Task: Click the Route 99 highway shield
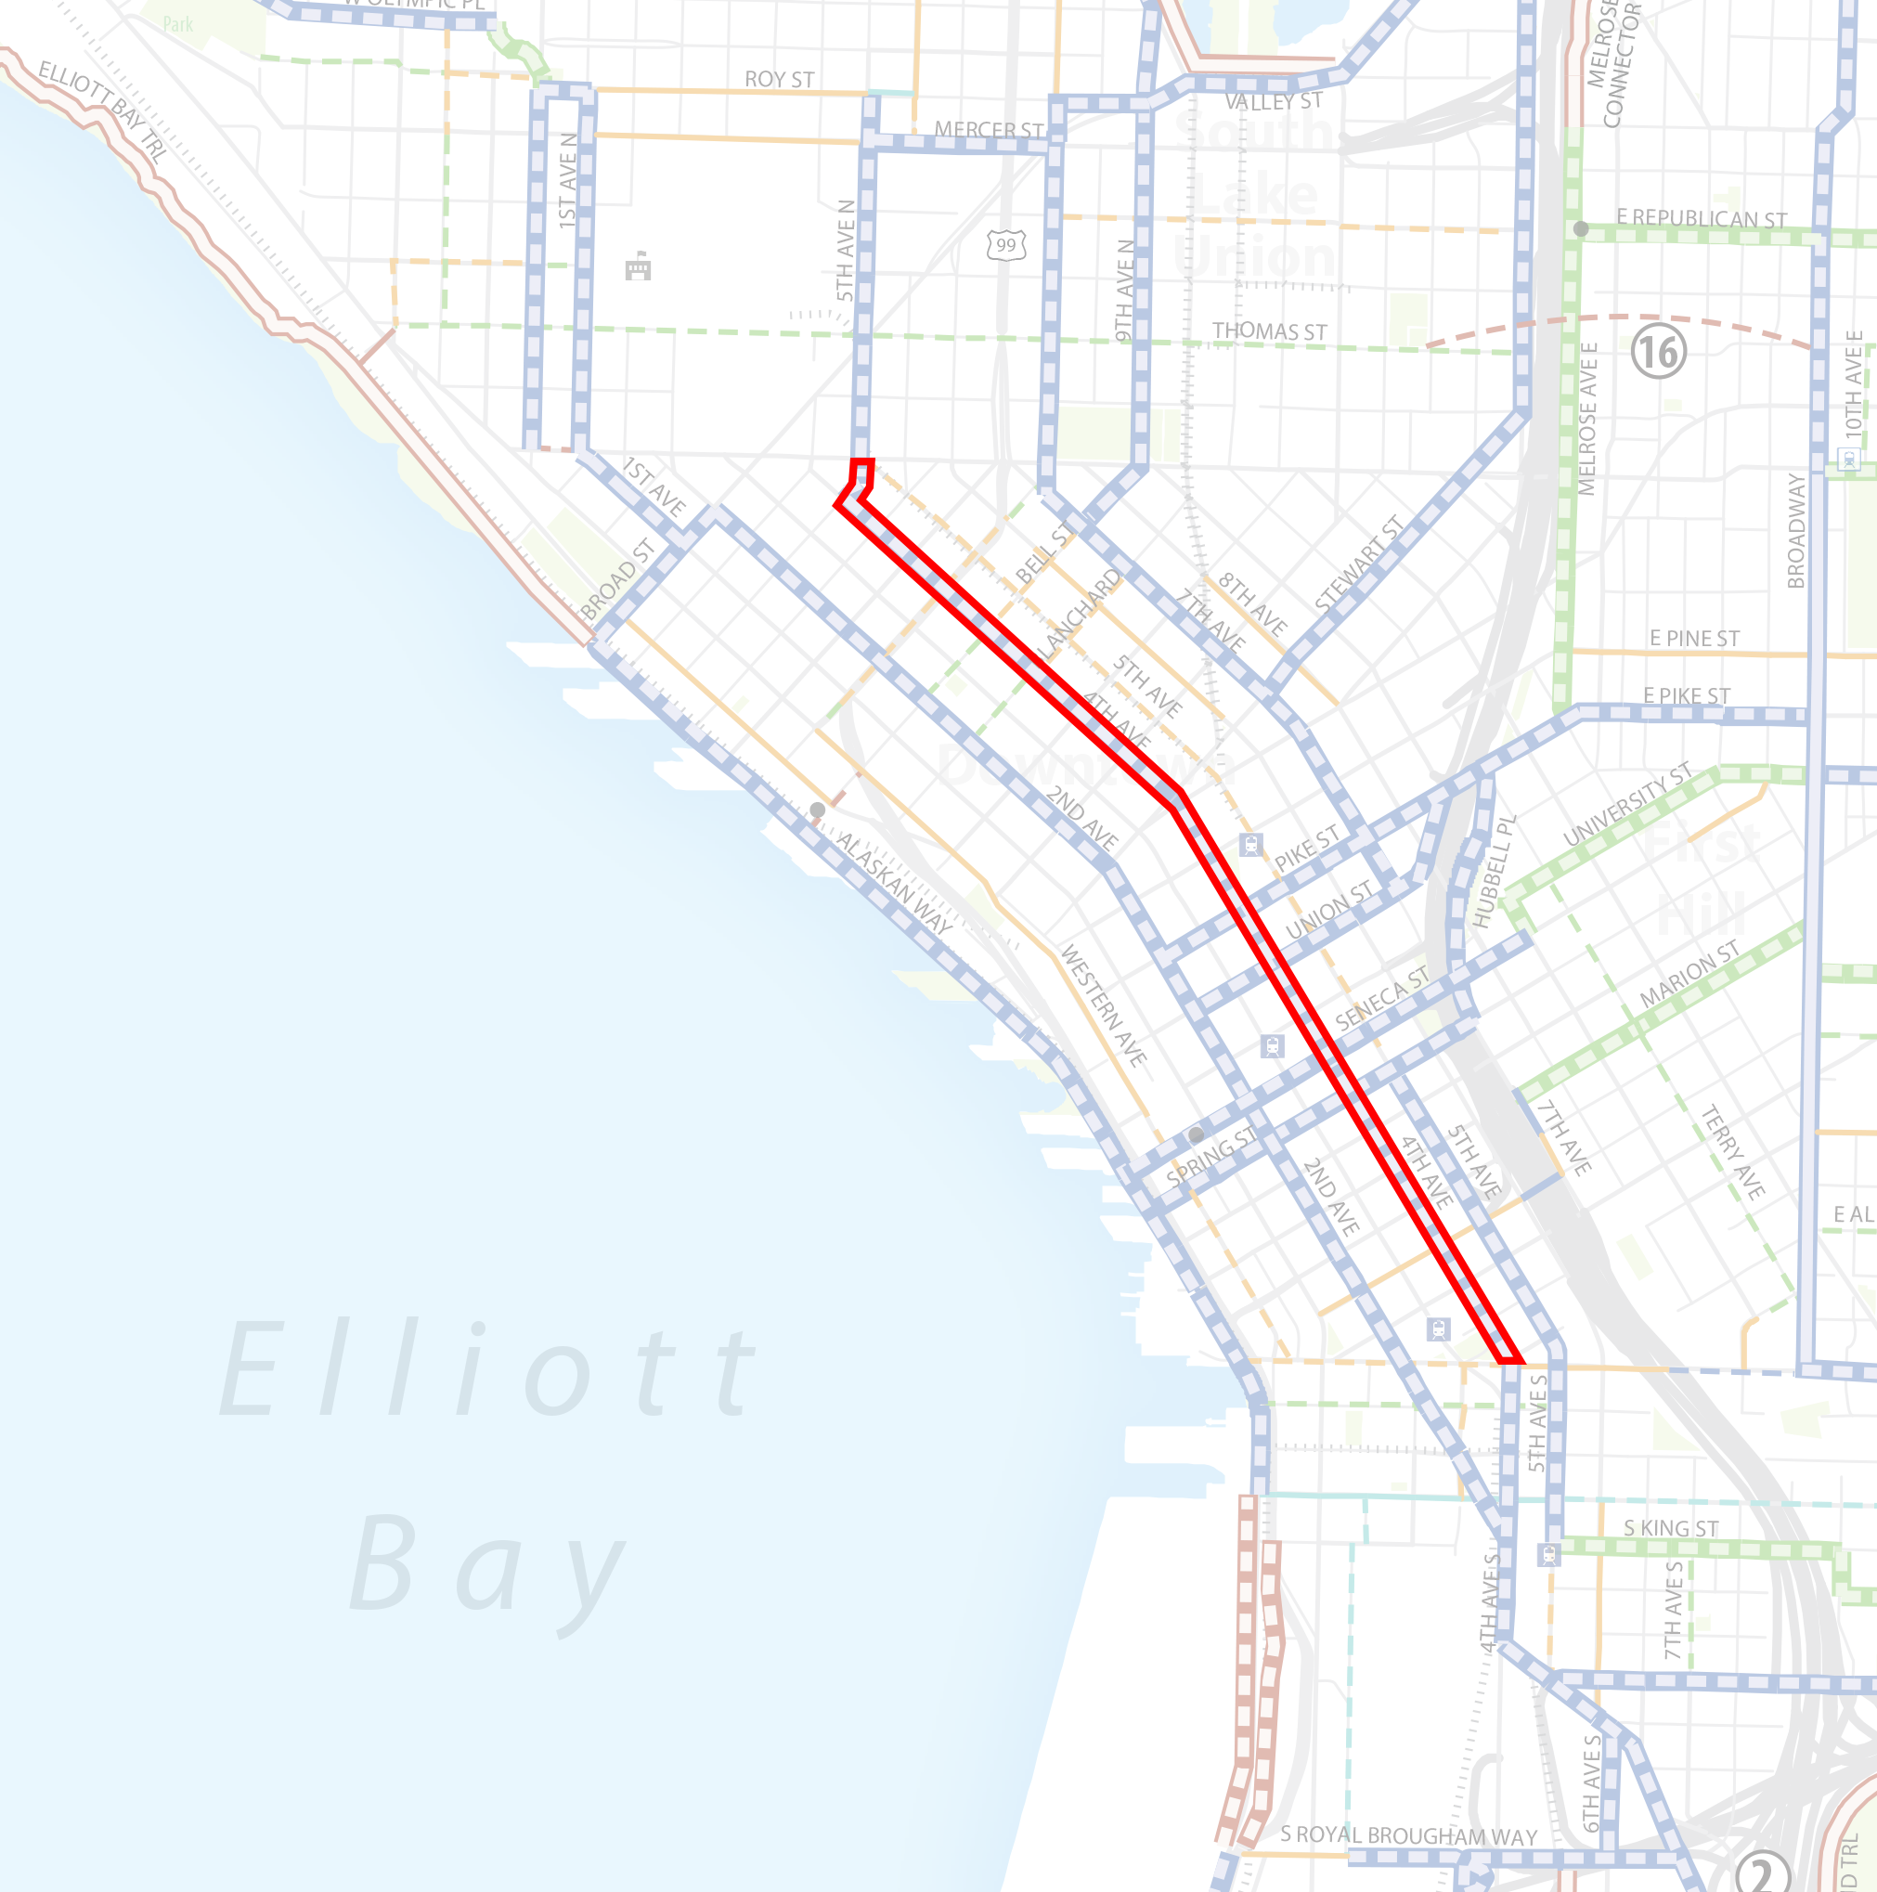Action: pyautogui.click(x=1005, y=245)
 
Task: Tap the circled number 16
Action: pyautogui.click(x=1659, y=352)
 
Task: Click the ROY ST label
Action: pyautogui.click(x=780, y=79)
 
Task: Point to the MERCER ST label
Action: pyautogui.click(x=988, y=129)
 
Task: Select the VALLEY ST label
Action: pyautogui.click(x=1273, y=101)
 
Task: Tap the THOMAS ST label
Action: pyautogui.click(x=1269, y=331)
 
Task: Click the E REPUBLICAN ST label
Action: pyautogui.click(x=1701, y=218)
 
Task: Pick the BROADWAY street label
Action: pyautogui.click(x=1795, y=530)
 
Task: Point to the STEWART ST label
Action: pyautogui.click(x=1358, y=564)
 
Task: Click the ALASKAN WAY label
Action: pyautogui.click(x=893, y=882)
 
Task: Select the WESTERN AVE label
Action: pyautogui.click(x=1104, y=1004)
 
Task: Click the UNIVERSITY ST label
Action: pyautogui.click(x=1626, y=804)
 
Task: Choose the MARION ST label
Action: pyautogui.click(x=1690, y=972)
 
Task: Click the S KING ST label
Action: pyautogui.click(x=1670, y=1528)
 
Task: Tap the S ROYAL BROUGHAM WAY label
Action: pyautogui.click(x=1408, y=1835)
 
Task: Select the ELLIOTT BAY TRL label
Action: pyautogui.click(x=103, y=110)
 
